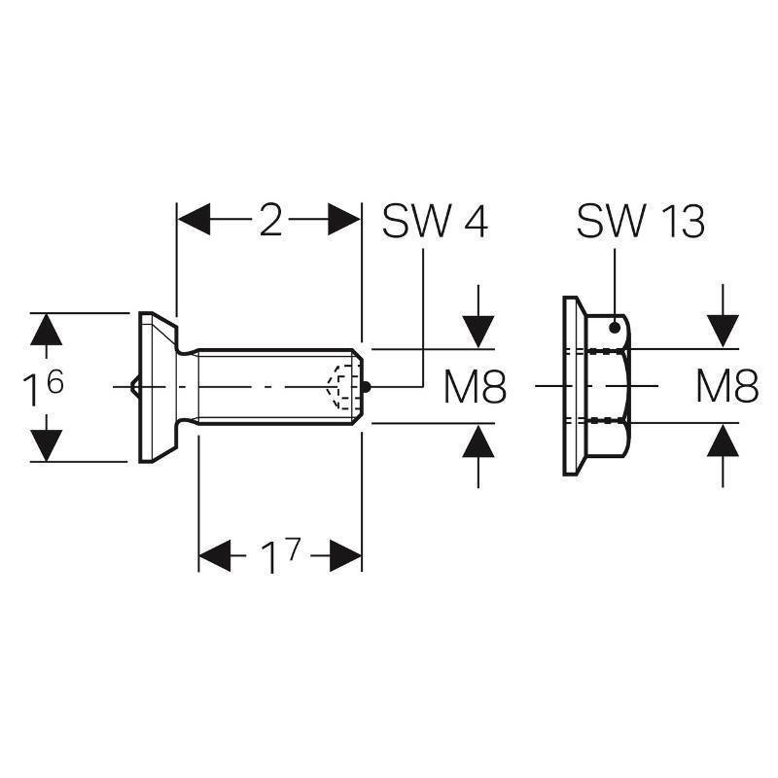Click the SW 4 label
tap(434, 222)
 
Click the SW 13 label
tap(640, 222)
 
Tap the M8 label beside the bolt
tap(476, 389)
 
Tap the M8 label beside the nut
tap(727, 389)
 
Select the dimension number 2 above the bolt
tap(270, 222)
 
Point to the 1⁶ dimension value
tap(43, 389)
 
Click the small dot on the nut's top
tap(613, 328)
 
